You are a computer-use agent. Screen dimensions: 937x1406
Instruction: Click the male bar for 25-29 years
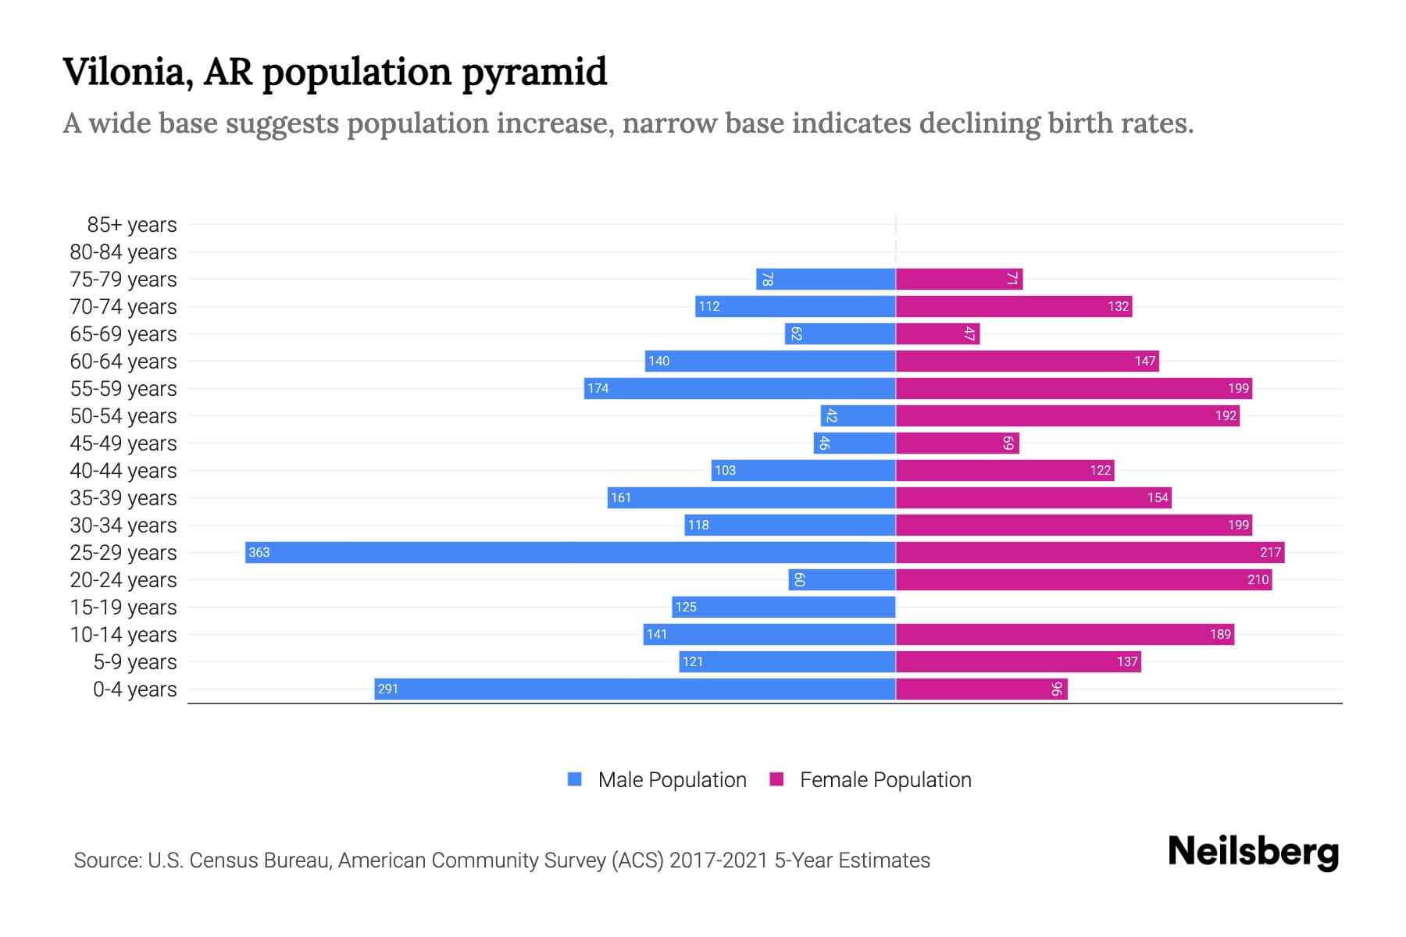click(570, 552)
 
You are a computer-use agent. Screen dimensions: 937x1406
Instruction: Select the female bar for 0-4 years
click(981, 689)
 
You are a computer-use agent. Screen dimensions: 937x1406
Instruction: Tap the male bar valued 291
click(634, 689)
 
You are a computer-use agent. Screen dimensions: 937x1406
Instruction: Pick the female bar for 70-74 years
click(1013, 306)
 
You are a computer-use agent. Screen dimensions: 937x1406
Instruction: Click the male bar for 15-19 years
click(783, 607)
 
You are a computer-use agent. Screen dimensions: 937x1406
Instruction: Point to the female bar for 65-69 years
click(937, 333)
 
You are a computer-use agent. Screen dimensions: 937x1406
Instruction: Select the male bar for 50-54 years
click(858, 415)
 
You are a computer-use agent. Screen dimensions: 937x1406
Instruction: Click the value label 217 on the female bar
click(1270, 552)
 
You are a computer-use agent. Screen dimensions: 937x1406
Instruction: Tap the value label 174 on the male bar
click(598, 388)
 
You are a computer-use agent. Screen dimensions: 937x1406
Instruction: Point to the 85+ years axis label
click(132, 225)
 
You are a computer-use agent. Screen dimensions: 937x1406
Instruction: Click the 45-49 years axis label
click(123, 444)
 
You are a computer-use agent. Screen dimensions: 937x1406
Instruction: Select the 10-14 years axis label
click(123, 635)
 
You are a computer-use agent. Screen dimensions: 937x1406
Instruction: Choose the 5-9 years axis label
click(135, 662)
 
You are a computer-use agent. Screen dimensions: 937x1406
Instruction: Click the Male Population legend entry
click(671, 779)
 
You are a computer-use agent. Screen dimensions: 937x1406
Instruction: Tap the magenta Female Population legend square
click(776, 779)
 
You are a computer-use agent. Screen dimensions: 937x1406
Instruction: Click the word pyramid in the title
click(533, 73)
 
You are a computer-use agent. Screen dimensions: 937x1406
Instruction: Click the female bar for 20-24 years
click(1083, 579)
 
